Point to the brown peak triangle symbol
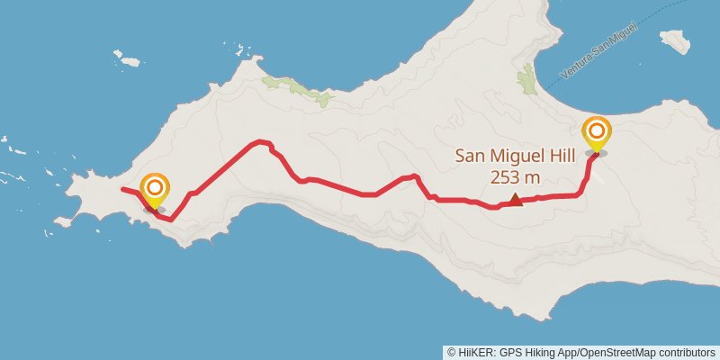pyautogui.click(x=516, y=200)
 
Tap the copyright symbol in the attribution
pyautogui.click(x=451, y=352)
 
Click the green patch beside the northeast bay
pyautogui.click(x=526, y=82)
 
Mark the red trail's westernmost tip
pyautogui.click(x=121, y=189)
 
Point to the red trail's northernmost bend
pyautogui.click(x=261, y=141)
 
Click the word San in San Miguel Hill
pyautogui.click(x=470, y=156)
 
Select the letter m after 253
pyautogui.click(x=534, y=177)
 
